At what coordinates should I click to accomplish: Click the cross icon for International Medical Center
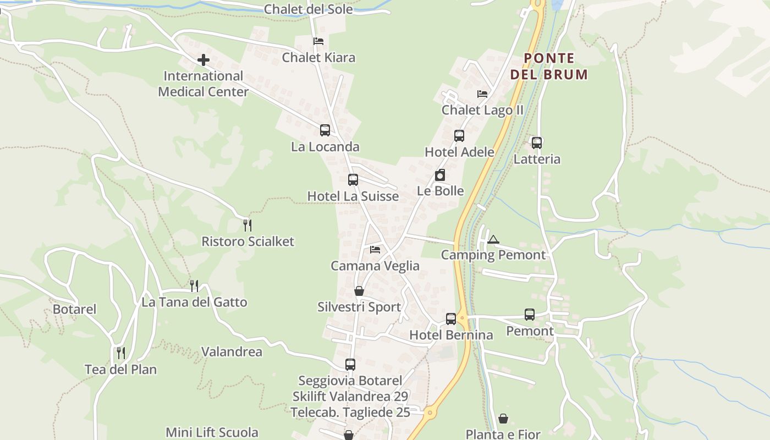coord(204,60)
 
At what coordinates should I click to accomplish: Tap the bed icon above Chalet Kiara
coord(318,41)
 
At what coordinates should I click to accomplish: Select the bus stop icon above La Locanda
coord(325,130)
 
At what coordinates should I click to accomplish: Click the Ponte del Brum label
coord(549,66)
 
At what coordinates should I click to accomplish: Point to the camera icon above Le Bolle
coord(440,175)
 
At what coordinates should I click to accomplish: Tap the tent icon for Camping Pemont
coord(493,239)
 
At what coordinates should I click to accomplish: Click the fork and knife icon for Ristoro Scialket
coord(248,225)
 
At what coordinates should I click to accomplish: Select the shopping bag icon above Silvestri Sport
coord(359,291)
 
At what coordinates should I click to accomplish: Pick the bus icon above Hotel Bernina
coord(451,318)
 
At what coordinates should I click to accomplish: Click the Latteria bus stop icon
coord(537,143)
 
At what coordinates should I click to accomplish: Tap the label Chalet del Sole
coord(308,9)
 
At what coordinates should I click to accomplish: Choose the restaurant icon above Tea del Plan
coord(121,353)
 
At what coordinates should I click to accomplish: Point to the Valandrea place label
coord(232,351)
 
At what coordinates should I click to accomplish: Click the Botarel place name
coord(74,309)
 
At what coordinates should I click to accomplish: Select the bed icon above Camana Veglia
coord(375,250)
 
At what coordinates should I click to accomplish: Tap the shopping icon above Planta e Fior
coord(503,419)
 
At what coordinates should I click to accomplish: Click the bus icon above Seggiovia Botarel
coord(350,364)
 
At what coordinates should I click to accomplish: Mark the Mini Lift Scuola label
coord(212,432)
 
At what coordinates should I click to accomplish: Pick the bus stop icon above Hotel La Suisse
coord(353,180)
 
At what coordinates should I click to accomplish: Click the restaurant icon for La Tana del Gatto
coord(194,286)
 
